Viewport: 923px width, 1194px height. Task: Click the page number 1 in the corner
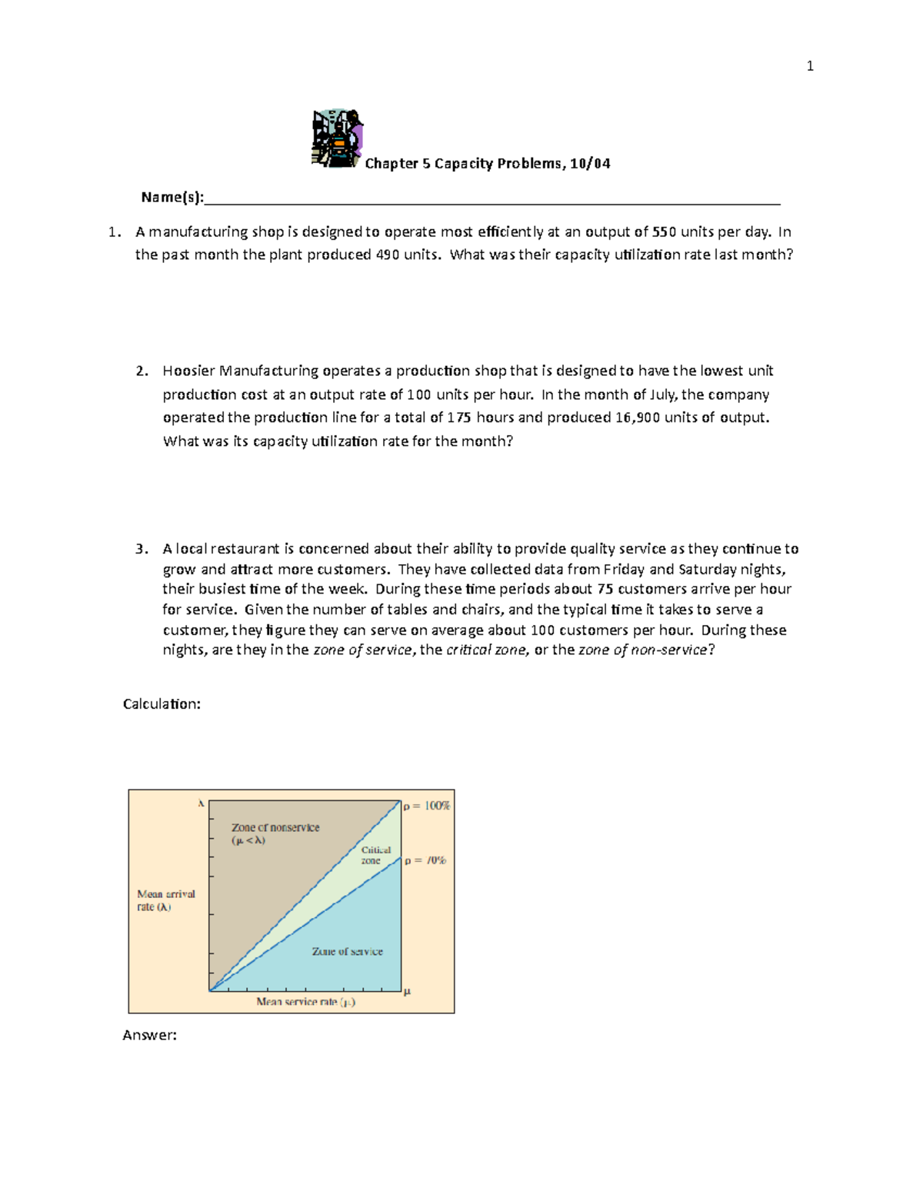click(809, 66)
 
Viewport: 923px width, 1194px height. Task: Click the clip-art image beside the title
click(337, 138)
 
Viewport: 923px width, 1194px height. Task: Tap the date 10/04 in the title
click(590, 163)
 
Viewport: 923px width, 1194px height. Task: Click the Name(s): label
click(172, 198)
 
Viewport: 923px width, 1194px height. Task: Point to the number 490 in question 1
click(387, 254)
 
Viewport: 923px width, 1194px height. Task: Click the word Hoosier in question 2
click(188, 371)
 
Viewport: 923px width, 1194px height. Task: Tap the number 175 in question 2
click(458, 417)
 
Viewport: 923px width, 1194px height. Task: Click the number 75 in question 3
click(605, 589)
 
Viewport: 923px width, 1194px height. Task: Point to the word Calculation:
click(162, 704)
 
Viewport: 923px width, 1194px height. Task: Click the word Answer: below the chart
click(149, 1035)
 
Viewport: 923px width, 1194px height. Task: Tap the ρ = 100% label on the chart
click(427, 806)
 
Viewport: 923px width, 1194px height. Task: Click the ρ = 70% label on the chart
click(425, 860)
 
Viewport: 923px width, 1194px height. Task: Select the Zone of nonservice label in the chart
click(275, 828)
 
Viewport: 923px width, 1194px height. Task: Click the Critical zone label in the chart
click(375, 855)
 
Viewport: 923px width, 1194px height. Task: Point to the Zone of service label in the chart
click(347, 952)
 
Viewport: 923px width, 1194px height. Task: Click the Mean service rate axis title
click(305, 1002)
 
